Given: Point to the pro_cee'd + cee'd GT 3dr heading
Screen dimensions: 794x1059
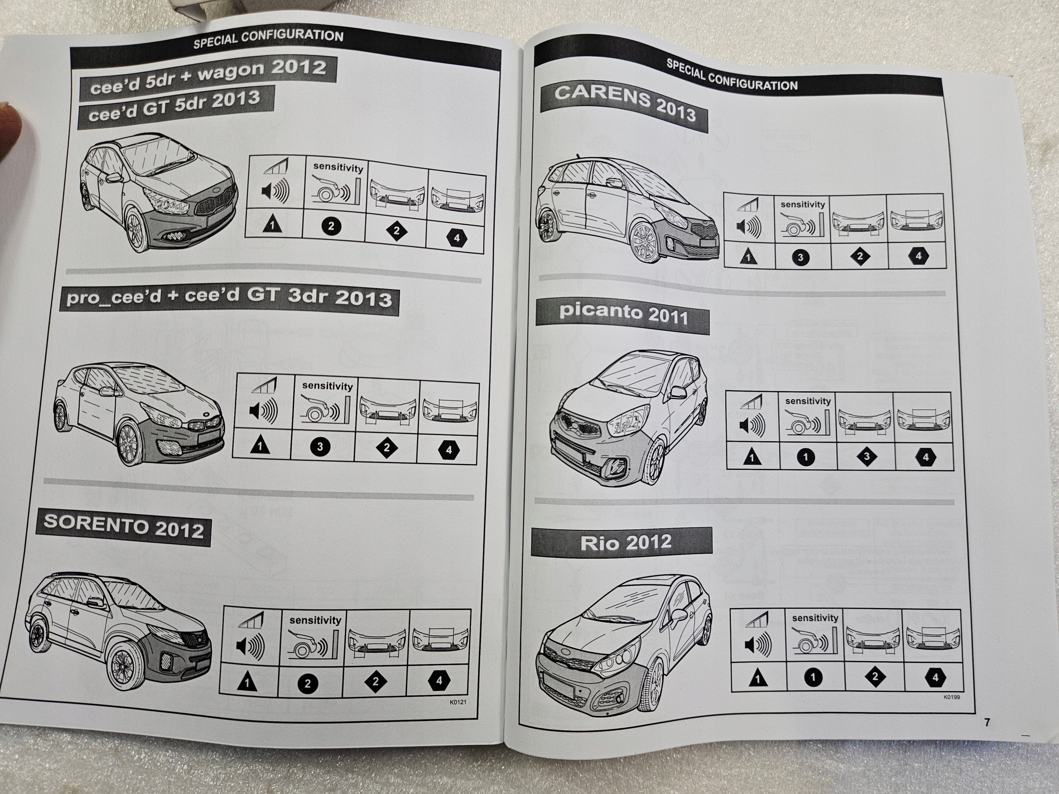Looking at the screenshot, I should pyautogui.click(x=229, y=298).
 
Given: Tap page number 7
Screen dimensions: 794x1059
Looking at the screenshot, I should pyautogui.click(x=987, y=722).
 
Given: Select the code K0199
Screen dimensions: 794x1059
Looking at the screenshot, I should pyautogui.click(x=951, y=697).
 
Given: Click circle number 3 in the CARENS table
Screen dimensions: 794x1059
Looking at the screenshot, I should pyautogui.click(x=800, y=258).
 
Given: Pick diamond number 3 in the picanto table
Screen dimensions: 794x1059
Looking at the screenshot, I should pyautogui.click(x=866, y=457).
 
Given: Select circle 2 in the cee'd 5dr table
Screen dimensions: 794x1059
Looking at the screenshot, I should pyautogui.click(x=331, y=226).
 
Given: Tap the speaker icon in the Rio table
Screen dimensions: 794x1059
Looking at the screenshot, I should pyautogui.click(x=758, y=644).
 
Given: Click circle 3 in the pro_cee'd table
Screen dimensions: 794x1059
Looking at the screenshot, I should pyautogui.click(x=320, y=447).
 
